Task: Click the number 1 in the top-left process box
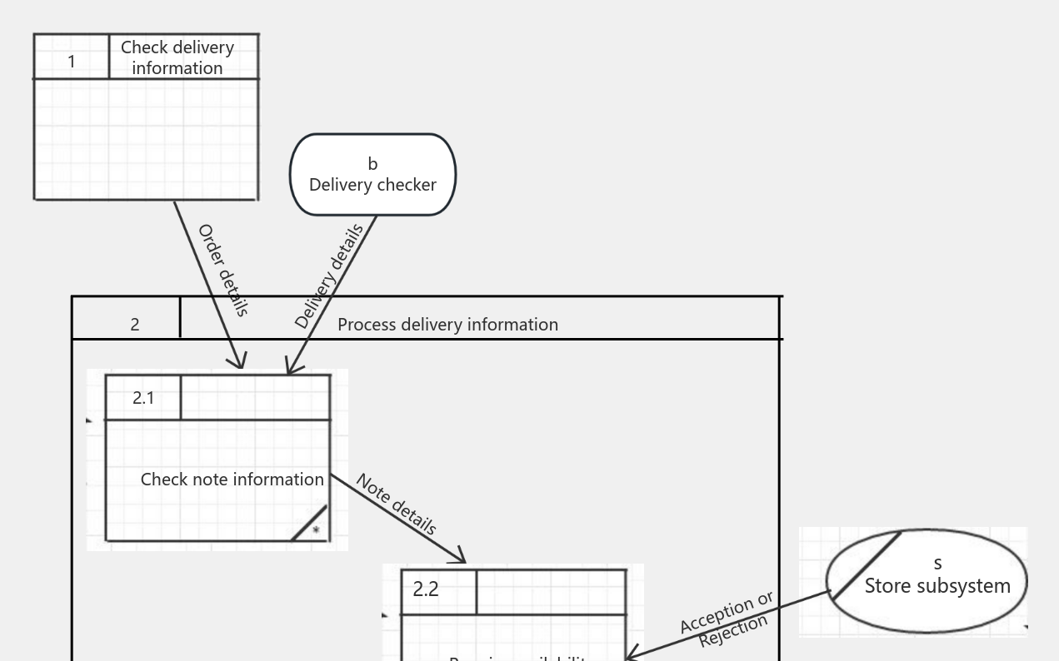point(72,61)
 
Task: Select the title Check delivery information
point(177,57)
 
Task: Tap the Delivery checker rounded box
point(372,200)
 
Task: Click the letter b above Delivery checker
point(372,164)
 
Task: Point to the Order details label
point(222,271)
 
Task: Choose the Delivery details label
point(328,276)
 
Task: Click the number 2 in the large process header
point(135,325)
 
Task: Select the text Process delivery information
point(447,325)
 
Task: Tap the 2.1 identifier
point(143,398)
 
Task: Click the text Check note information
point(232,480)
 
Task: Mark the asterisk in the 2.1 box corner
point(316,530)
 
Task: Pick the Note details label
point(396,504)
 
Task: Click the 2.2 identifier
point(426,589)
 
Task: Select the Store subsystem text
point(937,586)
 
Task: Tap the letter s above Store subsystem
point(938,564)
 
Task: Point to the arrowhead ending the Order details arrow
point(241,364)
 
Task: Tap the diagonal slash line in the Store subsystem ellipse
point(867,565)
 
